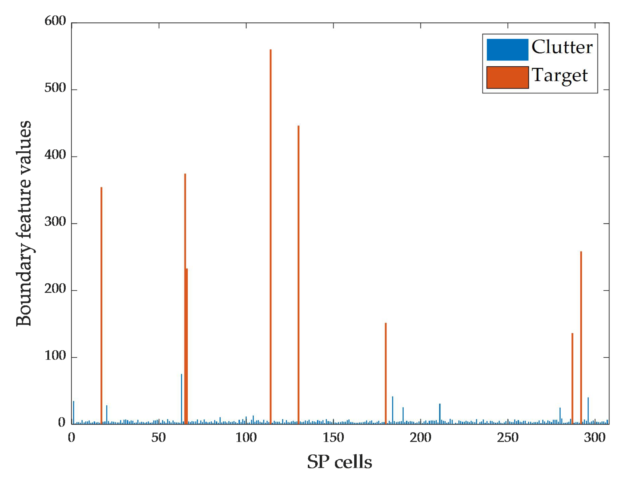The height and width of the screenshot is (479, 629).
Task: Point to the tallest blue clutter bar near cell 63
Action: (x=181, y=398)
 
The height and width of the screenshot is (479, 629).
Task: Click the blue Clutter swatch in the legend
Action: (x=507, y=50)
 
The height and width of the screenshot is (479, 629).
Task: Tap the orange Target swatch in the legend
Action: (x=507, y=77)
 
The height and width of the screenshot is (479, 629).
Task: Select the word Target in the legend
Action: (x=560, y=75)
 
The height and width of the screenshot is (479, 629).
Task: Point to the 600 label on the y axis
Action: (x=55, y=21)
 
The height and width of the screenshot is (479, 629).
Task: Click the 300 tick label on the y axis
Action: (x=55, y=222)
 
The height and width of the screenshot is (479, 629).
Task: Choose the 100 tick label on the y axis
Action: (x=55, y=356)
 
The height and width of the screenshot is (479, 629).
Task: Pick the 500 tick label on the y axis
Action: (x=55, y=88)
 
